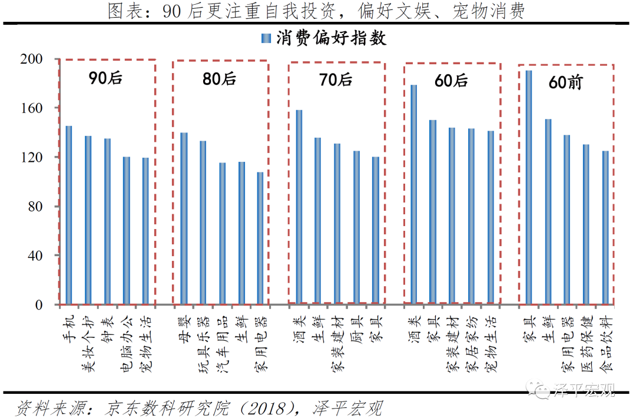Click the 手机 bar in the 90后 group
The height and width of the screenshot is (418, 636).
(69, 215)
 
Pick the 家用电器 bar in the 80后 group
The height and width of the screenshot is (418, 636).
(260, 238)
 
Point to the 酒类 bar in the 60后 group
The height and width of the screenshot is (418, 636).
(414, 194)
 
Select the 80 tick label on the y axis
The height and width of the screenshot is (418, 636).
(35, 207)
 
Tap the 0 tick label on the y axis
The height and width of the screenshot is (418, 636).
(39, 305)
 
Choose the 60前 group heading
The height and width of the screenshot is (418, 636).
(565, 82)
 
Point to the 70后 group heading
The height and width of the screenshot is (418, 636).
(336, 79)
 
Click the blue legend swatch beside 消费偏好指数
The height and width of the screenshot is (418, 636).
(265, 39)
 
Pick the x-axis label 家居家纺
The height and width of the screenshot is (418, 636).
(471, 344)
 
